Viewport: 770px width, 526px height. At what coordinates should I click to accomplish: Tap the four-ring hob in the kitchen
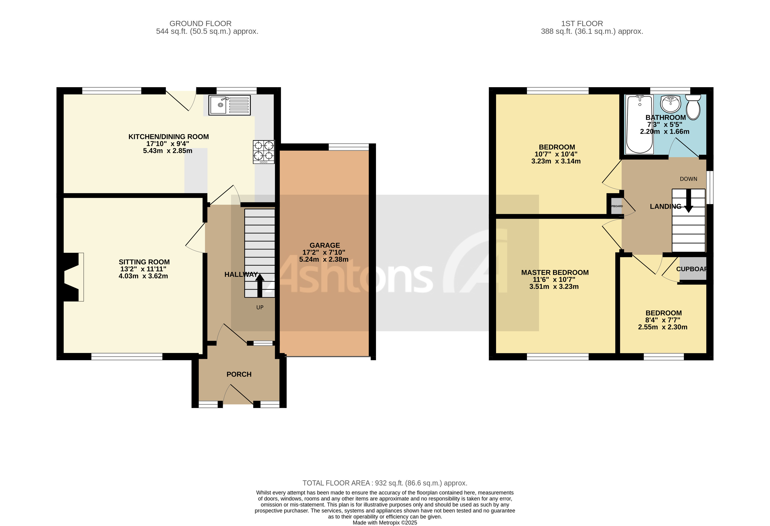click(x=263, y=152)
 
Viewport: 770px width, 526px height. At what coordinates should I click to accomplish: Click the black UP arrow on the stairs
click(x=260, y=285)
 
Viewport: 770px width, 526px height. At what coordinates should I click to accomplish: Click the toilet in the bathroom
click(x=693, y=107)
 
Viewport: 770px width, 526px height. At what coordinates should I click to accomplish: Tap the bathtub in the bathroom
click(x=639, y=124)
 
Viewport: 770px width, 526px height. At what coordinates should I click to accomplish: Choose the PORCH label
click(x=239, y=374)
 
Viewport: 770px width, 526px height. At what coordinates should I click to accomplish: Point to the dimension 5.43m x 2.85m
click(x=167, y=151)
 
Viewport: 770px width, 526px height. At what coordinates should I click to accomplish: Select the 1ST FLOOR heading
click(x=582, y=23)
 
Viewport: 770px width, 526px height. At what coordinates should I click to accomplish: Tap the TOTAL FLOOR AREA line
click(x=385, y=483)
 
